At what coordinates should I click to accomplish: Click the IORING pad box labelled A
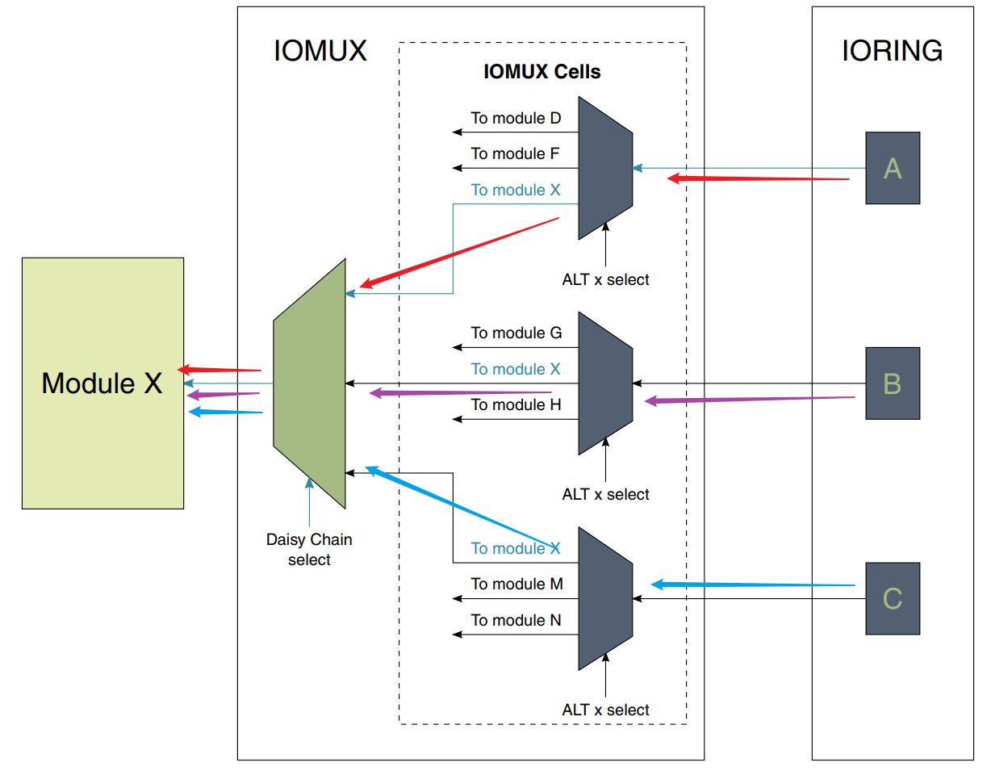(x=893, y=168)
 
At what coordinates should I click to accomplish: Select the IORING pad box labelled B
(x=893, y=383)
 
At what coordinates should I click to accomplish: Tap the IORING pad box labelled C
(x=893, y=598)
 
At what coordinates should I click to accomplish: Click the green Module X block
(x=102, y=383)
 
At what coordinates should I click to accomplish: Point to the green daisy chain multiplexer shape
(x=310, y=383)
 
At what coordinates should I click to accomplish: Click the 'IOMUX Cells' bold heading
(x=542, y=71)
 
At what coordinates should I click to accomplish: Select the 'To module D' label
(x=516, y=118)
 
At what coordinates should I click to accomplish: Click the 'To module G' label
(x=516, y=333)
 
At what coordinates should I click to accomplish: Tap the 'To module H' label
(x=516, y=404)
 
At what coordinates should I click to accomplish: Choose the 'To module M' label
(x=516, y=584)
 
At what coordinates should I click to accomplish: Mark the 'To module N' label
(x=516, y=620)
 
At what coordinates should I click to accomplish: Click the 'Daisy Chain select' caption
(x=309, y=549)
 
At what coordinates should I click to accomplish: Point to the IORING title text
(x=892, y=50)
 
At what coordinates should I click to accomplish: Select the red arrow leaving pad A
(x=759, y=178)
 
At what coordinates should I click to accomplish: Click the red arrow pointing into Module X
(x=220, y=370)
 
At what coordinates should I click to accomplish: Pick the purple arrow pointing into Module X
(x=222, y=395)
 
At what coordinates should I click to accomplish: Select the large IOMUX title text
(x=320, y=50)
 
